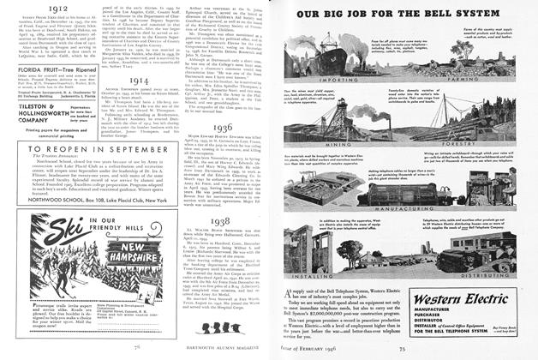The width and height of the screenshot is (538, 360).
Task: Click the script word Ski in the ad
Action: (x=45, y=226)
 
